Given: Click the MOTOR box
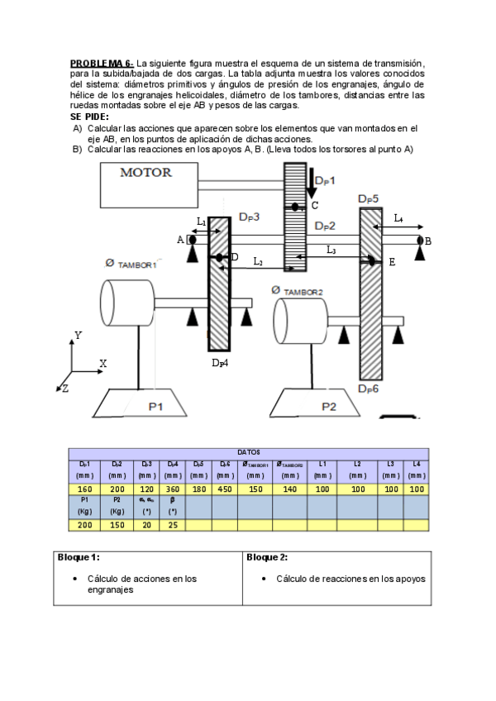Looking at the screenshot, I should [149, 185].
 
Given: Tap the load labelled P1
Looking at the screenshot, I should [155, 405].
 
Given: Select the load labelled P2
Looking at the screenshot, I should [329, 406].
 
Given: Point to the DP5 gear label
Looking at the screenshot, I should [369, 199].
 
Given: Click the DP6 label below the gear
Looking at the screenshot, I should [369, 388].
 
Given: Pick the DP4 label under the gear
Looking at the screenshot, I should [219, 362].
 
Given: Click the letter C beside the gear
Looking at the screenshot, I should [314, 206].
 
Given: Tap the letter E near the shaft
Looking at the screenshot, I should [392, 262].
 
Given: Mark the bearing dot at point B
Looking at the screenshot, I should [420, 241].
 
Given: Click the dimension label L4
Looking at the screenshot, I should [398, 218].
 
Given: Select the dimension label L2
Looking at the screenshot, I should [258, 262].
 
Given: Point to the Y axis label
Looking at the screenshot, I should [78, 336].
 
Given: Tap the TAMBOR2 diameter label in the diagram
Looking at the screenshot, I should [297, 291].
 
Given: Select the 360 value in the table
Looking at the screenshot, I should [173, 489].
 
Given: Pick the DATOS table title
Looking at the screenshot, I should [249, 452].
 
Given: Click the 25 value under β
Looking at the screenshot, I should [173, 525].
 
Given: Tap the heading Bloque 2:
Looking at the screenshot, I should [266, 557].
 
